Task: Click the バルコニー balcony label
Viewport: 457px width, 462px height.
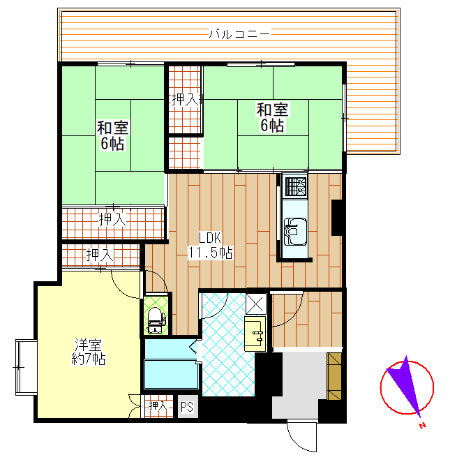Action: click(x=239, y=34)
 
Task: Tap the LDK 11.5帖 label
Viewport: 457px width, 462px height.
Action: click(x=211, y=245)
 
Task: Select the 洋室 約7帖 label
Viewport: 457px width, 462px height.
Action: click(x=89, y=352)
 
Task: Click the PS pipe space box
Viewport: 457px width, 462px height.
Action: click(x=188, y=407)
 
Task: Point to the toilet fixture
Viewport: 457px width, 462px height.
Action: click(x=156, y=320)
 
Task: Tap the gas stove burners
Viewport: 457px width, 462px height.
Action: click(x=295, y=186)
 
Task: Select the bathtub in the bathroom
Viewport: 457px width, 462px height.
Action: click(x=171, y=373)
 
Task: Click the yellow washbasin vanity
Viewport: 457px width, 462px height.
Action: click(x=255, y=334)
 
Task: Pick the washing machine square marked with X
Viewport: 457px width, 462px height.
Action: click(x=256, y=303)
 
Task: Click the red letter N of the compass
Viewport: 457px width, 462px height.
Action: click(x=423, y=426)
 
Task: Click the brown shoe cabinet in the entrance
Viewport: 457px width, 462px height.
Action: click(x=334, y=376)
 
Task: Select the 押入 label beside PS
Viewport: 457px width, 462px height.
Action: click(x=158, y=405)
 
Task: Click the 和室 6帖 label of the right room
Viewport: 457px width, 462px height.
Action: click(x=272, y=117)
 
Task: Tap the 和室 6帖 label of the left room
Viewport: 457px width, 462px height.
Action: click(x=113, y=135)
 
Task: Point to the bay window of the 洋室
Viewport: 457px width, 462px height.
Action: click(x=27, y=367)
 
